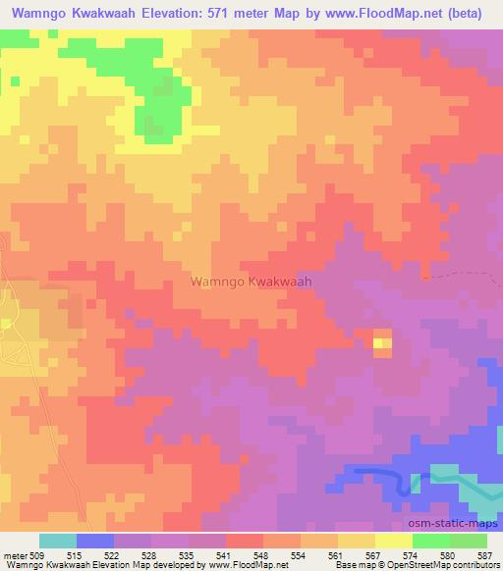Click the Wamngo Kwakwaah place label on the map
click(251, 281)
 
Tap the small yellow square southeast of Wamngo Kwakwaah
click(381, 342)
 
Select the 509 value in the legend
click(39, 554)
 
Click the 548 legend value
click(263, 554)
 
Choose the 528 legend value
click(151, 554)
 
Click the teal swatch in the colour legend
click(58, 541)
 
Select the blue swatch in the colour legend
click(95, 541)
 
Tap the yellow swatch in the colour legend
click(394, 541)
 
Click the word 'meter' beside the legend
click(14, 554)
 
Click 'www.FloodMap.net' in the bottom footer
click(246, 565)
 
